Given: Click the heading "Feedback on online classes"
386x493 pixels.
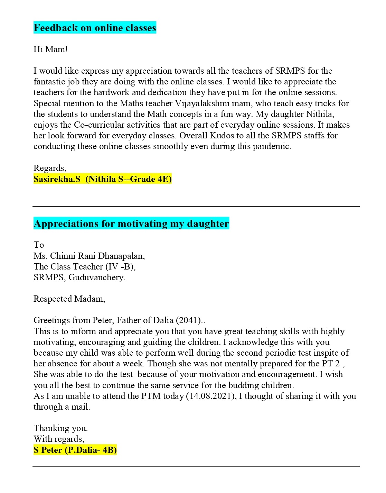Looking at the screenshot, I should pos(95,28).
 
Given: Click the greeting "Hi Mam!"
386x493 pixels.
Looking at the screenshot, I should pos(50,49).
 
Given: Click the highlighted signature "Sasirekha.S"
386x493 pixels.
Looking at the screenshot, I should pos(57,179).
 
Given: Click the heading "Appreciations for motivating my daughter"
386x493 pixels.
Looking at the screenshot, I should pos(131,223).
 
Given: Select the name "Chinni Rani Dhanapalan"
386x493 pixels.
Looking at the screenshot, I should pos(97,256).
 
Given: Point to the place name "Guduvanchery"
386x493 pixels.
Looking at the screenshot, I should pos(96,277).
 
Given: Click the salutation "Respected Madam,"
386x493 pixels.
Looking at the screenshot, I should pos(69,299).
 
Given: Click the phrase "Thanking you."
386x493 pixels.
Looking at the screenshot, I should pos(60,428).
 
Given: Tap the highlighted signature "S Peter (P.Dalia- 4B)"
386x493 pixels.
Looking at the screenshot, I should pos(75,450).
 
